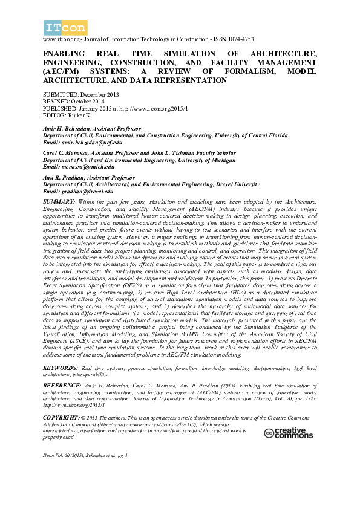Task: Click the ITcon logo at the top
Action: click(65, 27)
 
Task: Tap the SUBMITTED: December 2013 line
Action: click(81, 95)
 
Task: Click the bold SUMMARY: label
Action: click(59, 200)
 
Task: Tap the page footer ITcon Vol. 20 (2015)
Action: click(84, 470)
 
